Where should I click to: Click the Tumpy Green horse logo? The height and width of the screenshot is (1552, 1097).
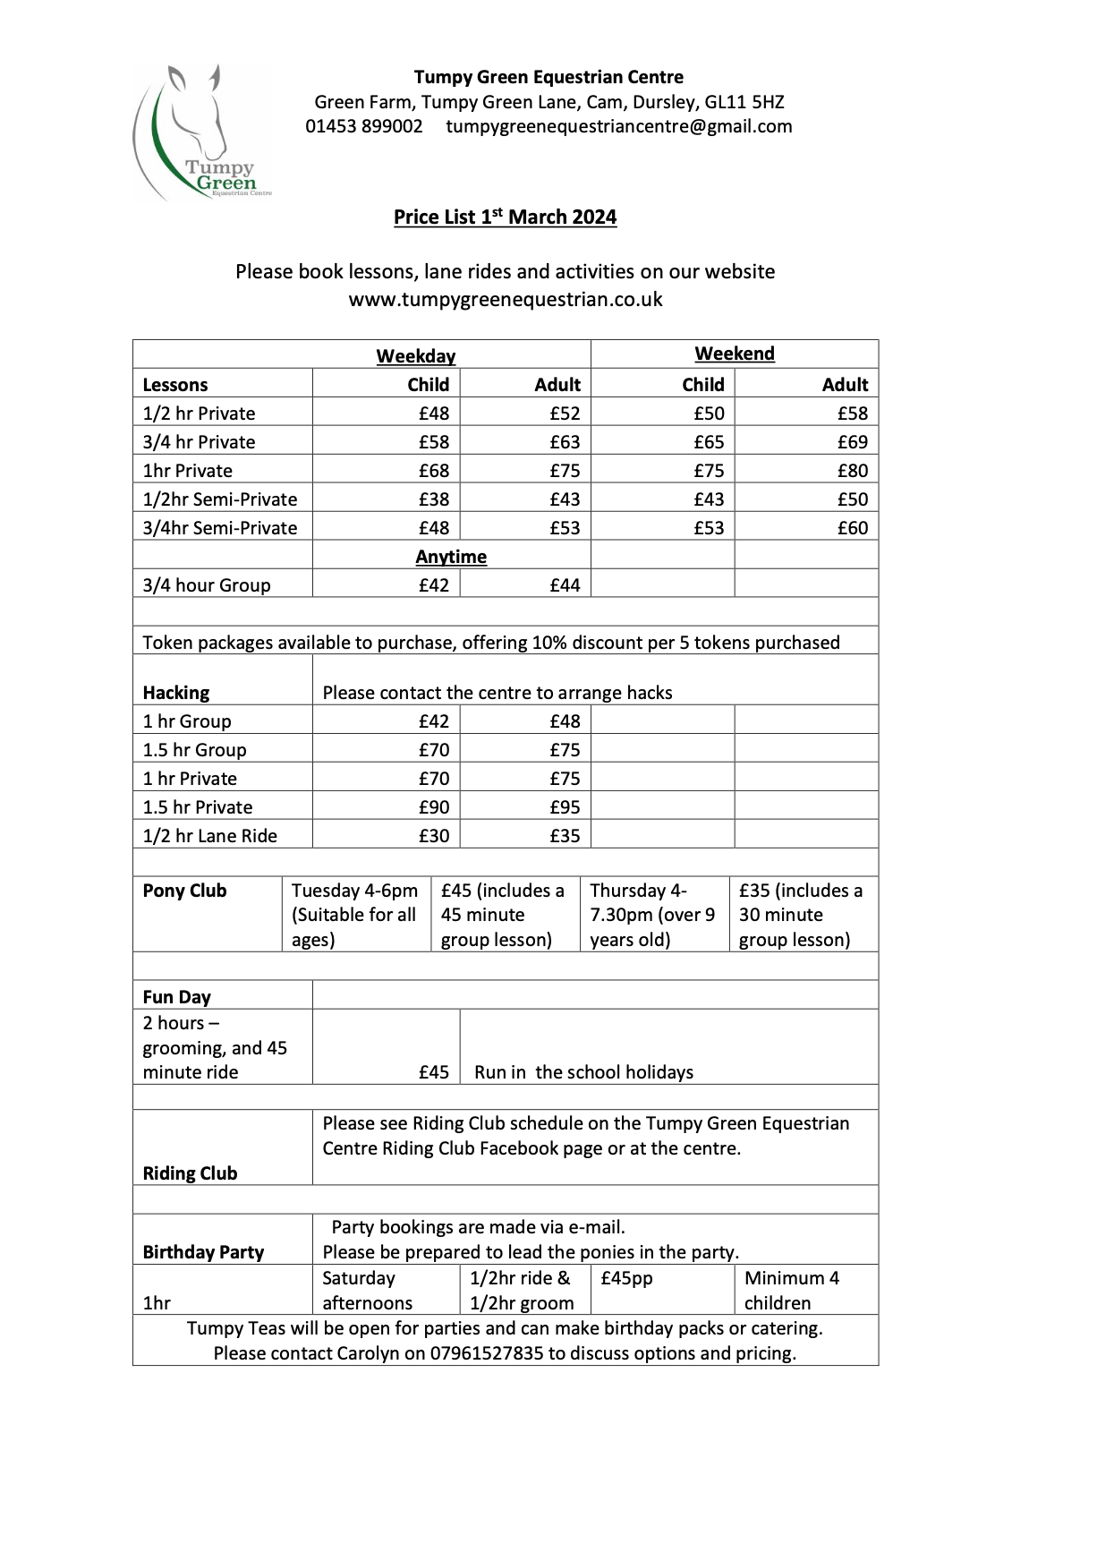point(201,132)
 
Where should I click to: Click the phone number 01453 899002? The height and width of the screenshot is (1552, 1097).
point(364,126)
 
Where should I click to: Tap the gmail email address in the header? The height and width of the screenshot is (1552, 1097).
point(618,126)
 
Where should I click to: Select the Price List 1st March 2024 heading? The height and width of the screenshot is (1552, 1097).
point(505,217)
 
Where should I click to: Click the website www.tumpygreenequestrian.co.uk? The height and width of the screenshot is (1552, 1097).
point(505,299)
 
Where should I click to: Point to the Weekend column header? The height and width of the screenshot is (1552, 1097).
point(734,354)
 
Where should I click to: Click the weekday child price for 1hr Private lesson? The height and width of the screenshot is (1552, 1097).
point(434,471)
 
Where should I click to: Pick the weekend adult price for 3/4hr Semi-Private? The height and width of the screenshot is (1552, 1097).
point(852,528)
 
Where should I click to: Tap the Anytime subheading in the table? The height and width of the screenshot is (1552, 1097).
point(451,557)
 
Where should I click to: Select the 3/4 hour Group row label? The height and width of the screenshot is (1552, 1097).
point(207,585)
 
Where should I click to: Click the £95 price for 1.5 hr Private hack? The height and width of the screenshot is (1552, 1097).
point(565,807)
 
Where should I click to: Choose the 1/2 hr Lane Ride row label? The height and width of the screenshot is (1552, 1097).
point(210,836)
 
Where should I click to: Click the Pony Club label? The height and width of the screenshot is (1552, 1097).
point(184,891)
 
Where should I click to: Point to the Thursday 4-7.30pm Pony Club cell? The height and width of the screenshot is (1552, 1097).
point(652,915)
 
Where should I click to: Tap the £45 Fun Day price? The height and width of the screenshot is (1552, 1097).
point(434,1072)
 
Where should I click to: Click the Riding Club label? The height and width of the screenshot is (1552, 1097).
point(190,1173)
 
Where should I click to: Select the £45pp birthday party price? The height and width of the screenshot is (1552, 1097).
point(626,1278)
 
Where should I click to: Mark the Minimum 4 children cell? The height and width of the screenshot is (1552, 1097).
point(792,1290)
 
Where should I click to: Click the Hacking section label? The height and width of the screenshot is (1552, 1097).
point(175,693)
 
